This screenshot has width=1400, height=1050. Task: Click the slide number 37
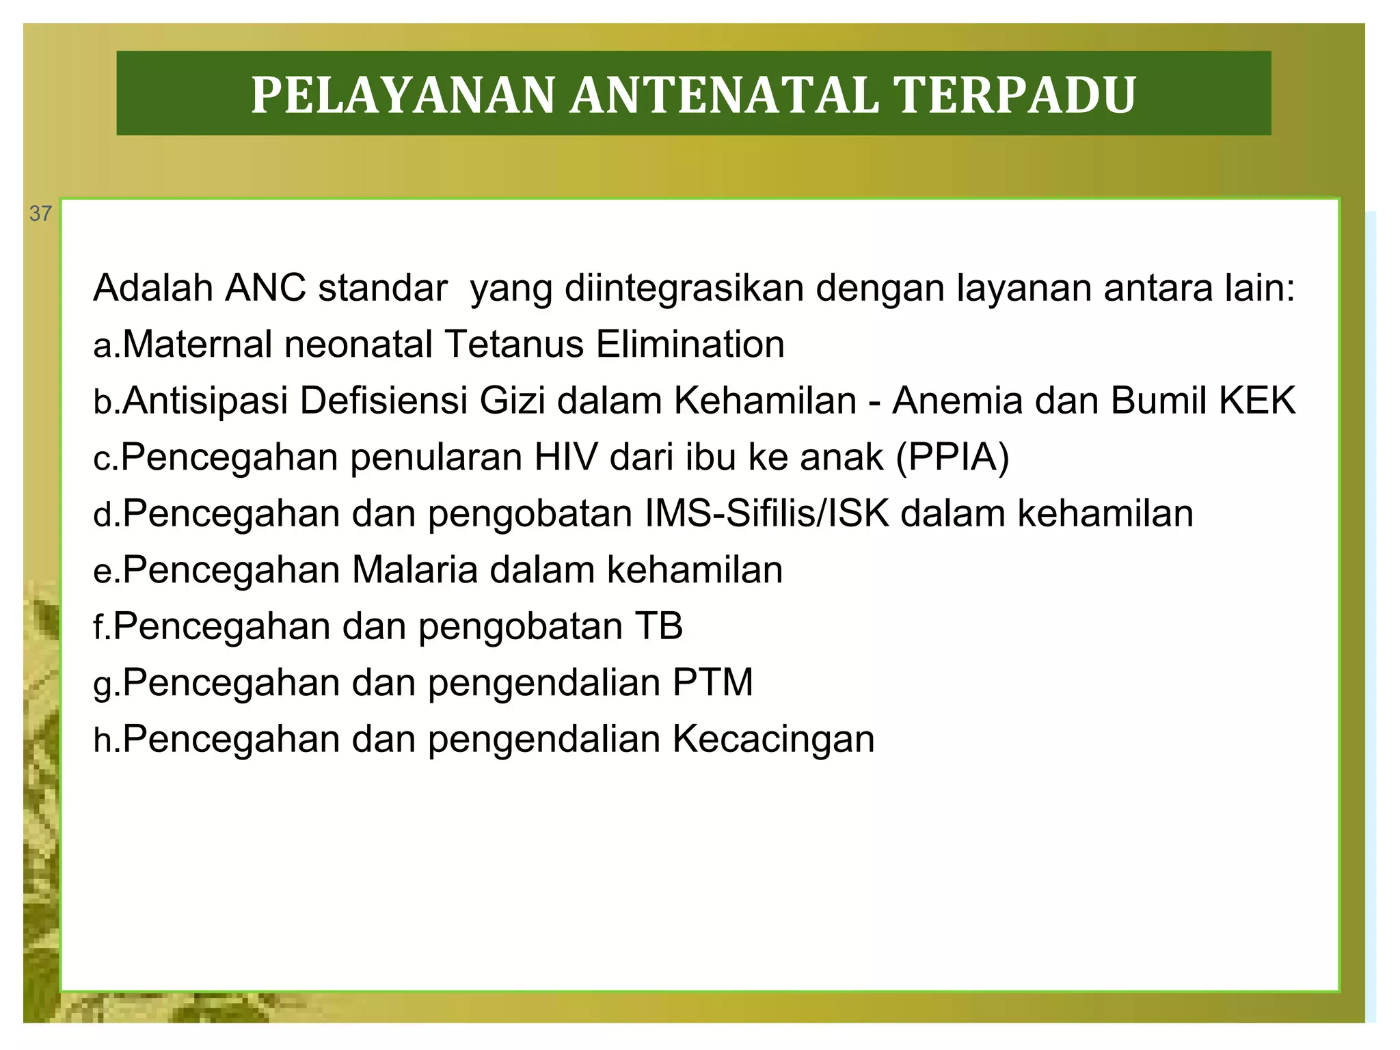click(x=40, y=214)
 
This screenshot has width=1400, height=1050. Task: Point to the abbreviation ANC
click(x=265, y=288)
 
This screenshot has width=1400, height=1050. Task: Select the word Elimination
click(x=690, y=344)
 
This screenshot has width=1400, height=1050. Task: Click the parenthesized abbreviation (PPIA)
click(x=952, y=457)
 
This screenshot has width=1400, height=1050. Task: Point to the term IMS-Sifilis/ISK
click(x=767, y=513)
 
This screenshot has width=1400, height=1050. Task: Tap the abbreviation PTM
click(x=712, y=682)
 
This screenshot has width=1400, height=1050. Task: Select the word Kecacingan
click(x=773, y=739)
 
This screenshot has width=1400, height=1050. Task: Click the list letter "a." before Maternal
click(x=106, y=345)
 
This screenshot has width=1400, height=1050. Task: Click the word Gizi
click(x=512, y=401)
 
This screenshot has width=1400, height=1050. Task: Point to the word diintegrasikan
click(x=684, y=288)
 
